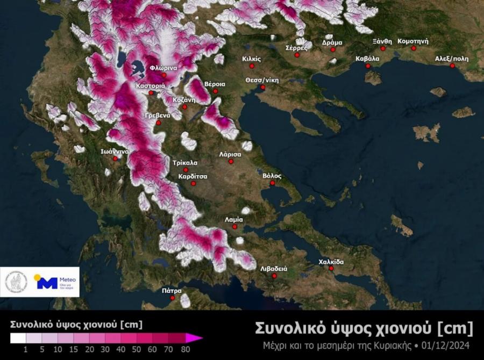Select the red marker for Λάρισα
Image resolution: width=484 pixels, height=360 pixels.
pyautogui.click(x=231, y=161)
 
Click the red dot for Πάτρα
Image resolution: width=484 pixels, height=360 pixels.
pyautogui.click(x=173, y=298)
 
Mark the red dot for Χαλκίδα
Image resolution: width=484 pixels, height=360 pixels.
pyautogui.click(x=331, y=268)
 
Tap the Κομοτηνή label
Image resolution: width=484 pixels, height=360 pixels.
pyautogui.click(x=412, y=41)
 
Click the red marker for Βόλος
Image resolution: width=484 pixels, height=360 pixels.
pyautogui.click(x=273, y=183)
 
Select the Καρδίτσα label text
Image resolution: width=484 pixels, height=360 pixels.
pyautogui.click(x=194, y=176)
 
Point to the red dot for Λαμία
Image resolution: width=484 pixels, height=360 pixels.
pyautogui.click(x=235, y=227)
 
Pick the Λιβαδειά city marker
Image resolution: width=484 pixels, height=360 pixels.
pyautogui.click(x=274, y=276)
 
